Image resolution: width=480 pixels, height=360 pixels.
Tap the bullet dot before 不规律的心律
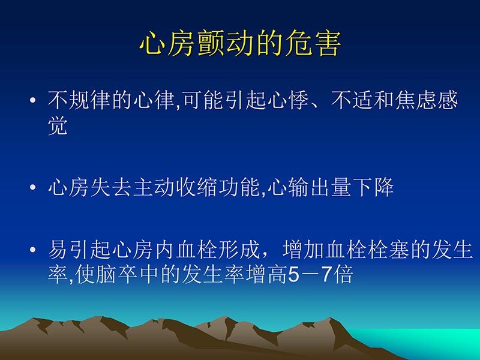33,101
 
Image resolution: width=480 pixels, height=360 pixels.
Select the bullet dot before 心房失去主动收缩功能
33,188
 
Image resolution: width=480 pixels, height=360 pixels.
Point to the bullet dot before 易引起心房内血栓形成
33,251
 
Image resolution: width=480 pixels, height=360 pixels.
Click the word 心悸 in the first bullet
280,101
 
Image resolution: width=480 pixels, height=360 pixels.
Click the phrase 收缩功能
213,188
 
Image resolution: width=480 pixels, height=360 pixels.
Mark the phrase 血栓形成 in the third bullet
213,250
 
